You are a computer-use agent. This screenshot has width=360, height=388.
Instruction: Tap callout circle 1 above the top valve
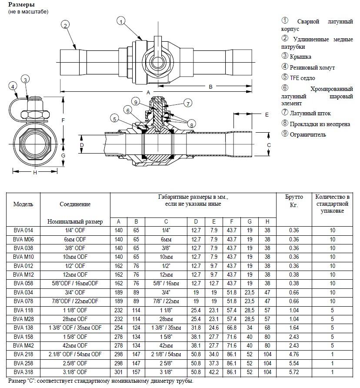121,20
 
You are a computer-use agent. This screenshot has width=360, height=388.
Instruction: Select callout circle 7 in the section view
188,103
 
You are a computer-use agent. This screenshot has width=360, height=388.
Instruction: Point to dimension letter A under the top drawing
148,93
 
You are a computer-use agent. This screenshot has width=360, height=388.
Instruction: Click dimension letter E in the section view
267,115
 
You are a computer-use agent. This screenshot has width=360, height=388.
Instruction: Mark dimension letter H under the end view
34,173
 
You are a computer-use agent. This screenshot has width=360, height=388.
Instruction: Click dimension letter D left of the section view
82,145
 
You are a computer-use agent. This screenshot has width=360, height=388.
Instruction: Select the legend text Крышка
300,57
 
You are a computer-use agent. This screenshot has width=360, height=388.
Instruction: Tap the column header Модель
23,204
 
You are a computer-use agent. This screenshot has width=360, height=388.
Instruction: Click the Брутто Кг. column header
293,201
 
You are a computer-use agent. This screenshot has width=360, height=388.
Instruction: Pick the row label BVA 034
23,292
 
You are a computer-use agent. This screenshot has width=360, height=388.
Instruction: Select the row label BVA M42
23,346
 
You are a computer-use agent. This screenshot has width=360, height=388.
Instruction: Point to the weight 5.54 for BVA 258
293,364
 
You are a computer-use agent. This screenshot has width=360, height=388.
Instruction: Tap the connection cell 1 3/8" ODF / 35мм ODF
75,328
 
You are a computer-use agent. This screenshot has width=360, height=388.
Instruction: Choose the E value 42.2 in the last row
214,372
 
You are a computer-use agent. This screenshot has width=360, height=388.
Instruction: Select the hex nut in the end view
34,114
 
